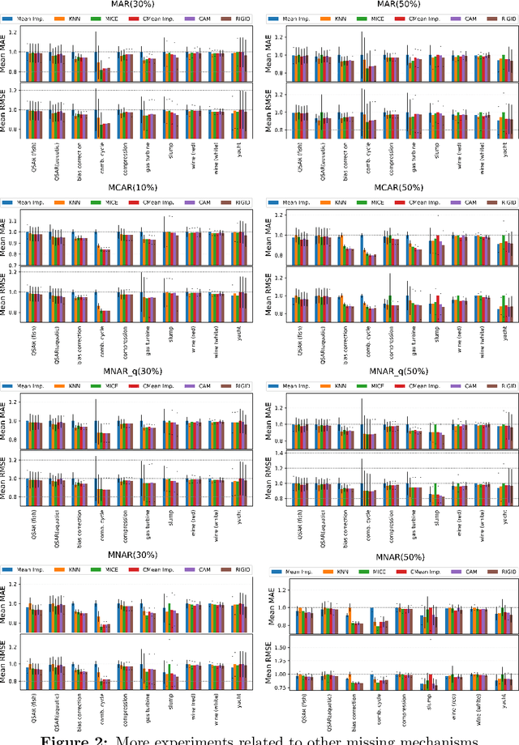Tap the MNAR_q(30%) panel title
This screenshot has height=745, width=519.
(x=134, y=370)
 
